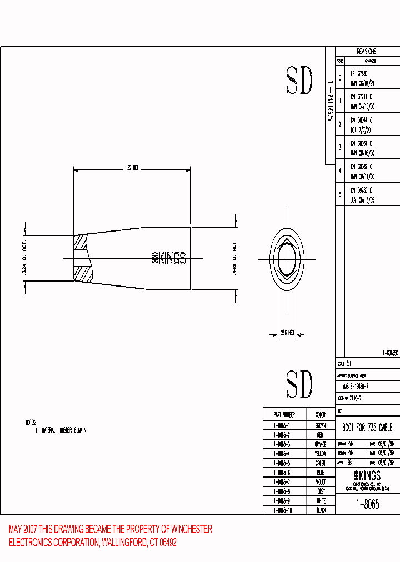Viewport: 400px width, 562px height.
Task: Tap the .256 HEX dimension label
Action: (x=287, y=333)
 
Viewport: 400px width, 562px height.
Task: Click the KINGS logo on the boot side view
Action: (x=169, y=258)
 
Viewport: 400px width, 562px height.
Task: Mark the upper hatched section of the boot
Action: (x=81, y=242)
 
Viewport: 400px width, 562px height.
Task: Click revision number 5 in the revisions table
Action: (x=340, y=195)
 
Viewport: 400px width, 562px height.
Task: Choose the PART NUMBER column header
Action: (x=284, y=415)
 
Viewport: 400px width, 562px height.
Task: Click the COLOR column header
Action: (x=321, y=415)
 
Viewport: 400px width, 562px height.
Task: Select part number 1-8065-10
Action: (x=284, y=510)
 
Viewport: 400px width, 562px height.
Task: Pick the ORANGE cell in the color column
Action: (x=321, y=444)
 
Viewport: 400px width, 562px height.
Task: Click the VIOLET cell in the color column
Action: (x=321, y=482)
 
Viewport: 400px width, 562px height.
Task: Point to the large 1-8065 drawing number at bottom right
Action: (x=367, y=504)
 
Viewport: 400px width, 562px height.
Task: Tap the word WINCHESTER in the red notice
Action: (x=192, y=530)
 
